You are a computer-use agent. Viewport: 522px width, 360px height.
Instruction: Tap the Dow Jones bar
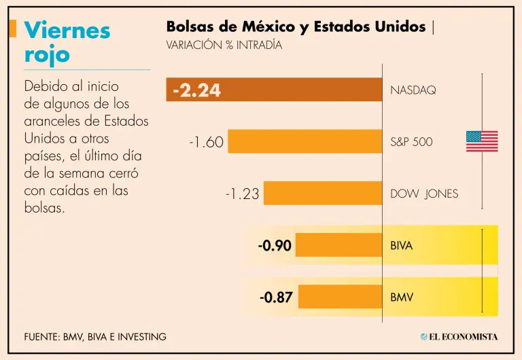pyautogui.click(x=322, y=194)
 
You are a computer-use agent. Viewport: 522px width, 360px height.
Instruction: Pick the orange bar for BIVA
pyautogui.click(x=338, y=245)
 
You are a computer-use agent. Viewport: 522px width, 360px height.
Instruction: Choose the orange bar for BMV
pyautogui.click(x=340, y=297)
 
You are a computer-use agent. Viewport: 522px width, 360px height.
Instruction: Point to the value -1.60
pyautogui.click(x=207, y=143)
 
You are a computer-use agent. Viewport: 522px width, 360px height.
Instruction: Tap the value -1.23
pyautogui.click(x=242, y=194)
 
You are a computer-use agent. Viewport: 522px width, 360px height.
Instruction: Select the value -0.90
pyautogui.click(x=275, y=246)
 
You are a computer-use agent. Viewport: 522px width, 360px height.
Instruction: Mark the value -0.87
pyautogui.click(x=276, y=298)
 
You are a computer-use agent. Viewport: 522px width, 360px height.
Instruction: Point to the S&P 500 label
pyautogui.click(x=411, y=143)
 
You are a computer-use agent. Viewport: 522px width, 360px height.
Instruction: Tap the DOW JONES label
pyautogui.click(x=424, y=194)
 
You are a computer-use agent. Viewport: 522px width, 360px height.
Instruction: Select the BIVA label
pyautogui.click(x=401, y=246)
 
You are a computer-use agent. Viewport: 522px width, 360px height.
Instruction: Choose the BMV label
pyautogui.click(x=401, y=298)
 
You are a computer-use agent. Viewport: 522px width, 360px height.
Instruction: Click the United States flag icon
pyautogui.click(x=482, y=141)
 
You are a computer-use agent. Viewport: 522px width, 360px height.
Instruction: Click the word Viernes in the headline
pyautogui.click(x=67, y=30)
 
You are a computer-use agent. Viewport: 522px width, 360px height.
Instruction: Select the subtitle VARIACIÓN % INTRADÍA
pyautogui.click(x=224, y=46)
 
